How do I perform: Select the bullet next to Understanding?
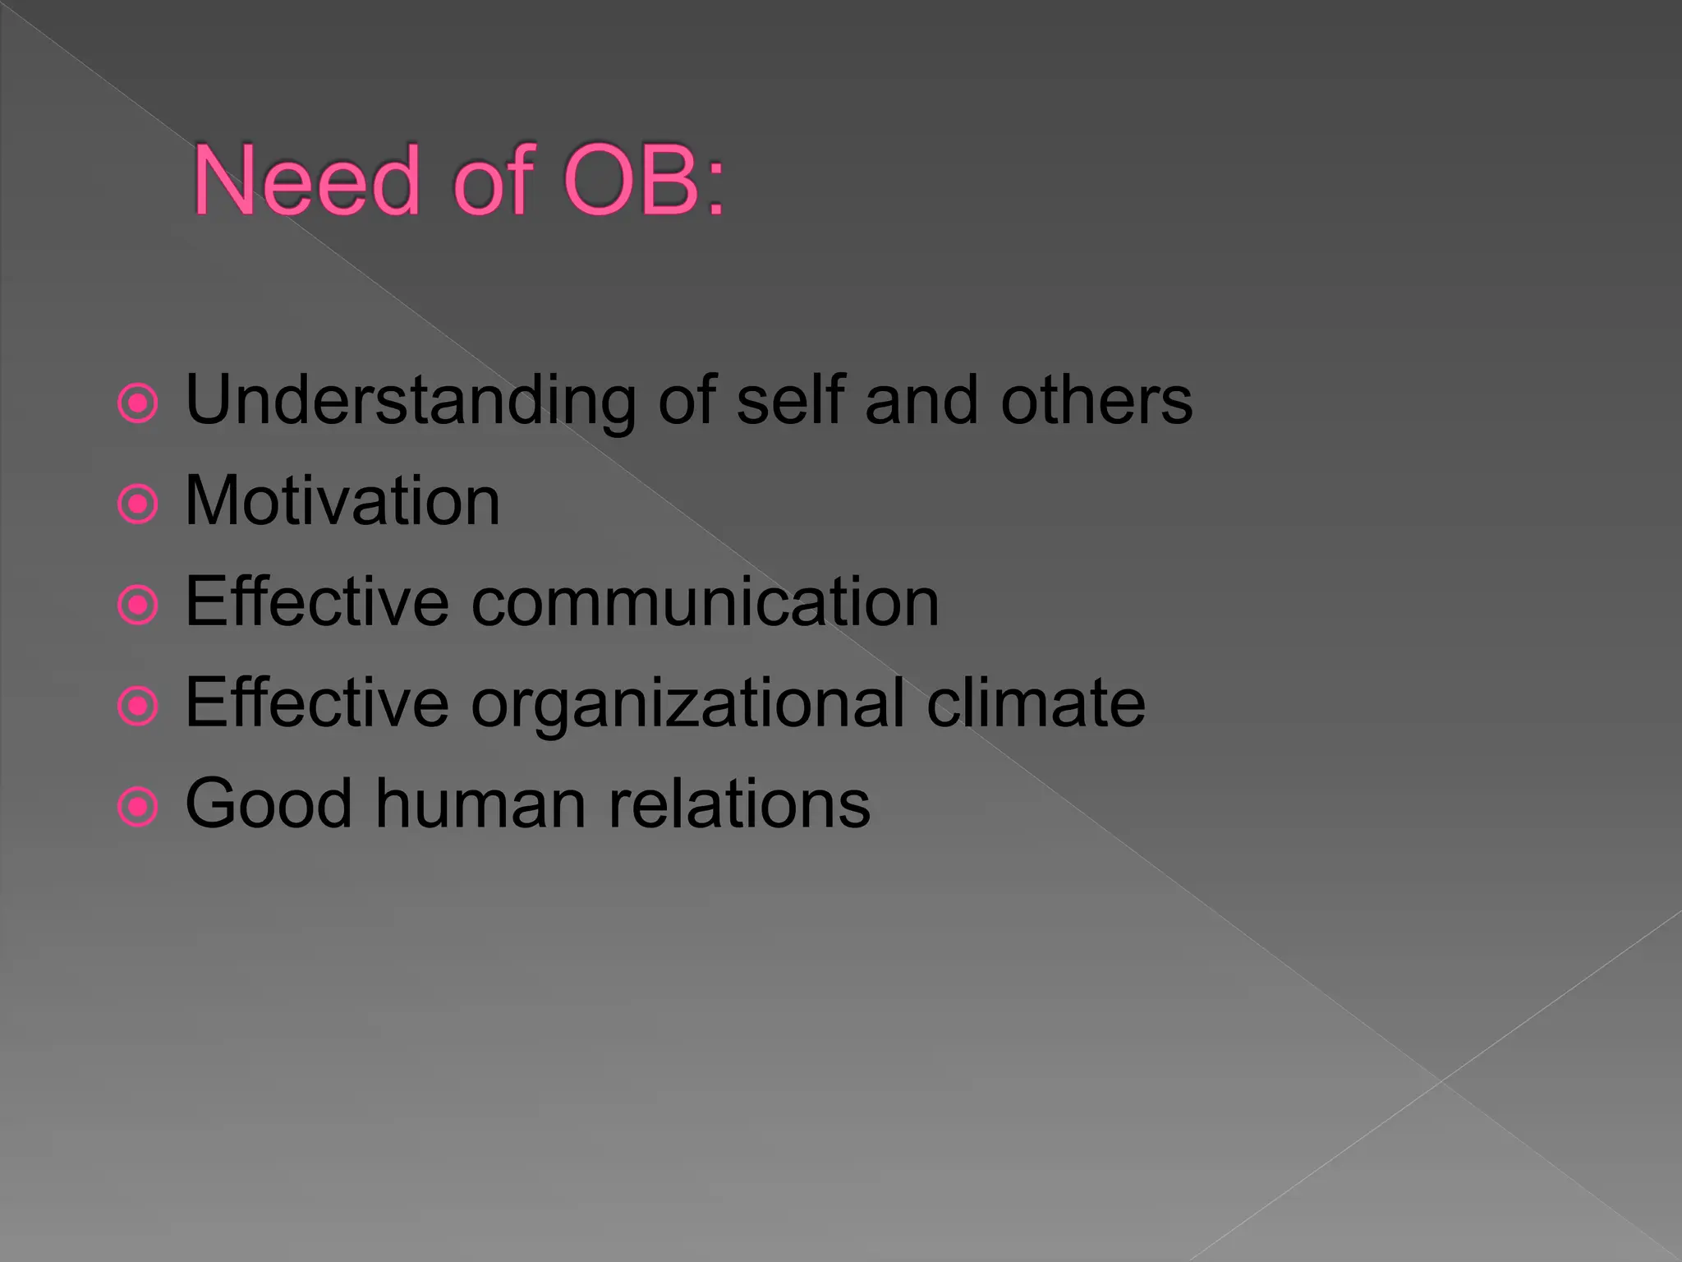click(137, 403)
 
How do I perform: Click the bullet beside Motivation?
click(137, 504)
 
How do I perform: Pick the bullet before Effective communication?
click(137, 605)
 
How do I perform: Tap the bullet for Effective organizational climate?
click(137, 706)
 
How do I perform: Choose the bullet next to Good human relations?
click(137, 807)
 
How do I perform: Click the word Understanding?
click(411, 400)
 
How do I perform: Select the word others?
click(1096, 400)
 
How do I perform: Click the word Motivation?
click(342, 501)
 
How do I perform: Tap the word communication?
click(705, 602)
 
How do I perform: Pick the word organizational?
click(688, 704)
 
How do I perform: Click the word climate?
click(1036, 703)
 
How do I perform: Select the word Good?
click(269, 804)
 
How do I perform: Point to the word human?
click(481, 804)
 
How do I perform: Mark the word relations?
click(739, 804)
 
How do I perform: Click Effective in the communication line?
click(317, 602)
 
